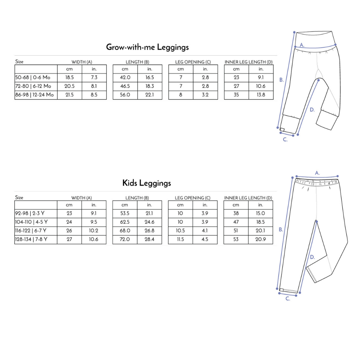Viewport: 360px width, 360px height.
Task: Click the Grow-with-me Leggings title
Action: (147, 47)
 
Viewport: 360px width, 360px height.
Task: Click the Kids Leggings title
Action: (147, 183)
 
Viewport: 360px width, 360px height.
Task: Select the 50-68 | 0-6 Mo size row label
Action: (33, 77)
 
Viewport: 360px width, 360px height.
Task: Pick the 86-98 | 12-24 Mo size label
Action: (34, 95)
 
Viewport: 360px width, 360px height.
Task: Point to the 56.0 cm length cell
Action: (125, 95)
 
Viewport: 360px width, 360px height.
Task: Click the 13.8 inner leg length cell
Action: (261, 95)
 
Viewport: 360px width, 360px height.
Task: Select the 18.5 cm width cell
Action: (69, 78)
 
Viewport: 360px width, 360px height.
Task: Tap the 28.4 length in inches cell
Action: (149, 239)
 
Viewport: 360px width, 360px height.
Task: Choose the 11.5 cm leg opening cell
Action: (180, 239)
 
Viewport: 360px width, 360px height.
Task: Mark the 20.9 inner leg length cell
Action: (261, 239)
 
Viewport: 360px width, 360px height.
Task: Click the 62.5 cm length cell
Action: (125, 222)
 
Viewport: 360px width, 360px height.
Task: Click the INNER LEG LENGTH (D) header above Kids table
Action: (248, 198)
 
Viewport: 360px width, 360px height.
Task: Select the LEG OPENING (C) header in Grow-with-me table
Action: (193, 62)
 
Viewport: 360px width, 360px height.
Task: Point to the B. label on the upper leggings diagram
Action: (282, 80)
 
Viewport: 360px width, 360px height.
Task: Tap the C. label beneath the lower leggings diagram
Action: (288, 299)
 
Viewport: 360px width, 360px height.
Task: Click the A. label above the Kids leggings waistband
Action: (317, 173)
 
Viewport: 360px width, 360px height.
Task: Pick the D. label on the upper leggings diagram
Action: (312, 110)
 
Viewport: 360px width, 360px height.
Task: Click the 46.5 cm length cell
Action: (125, 86)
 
